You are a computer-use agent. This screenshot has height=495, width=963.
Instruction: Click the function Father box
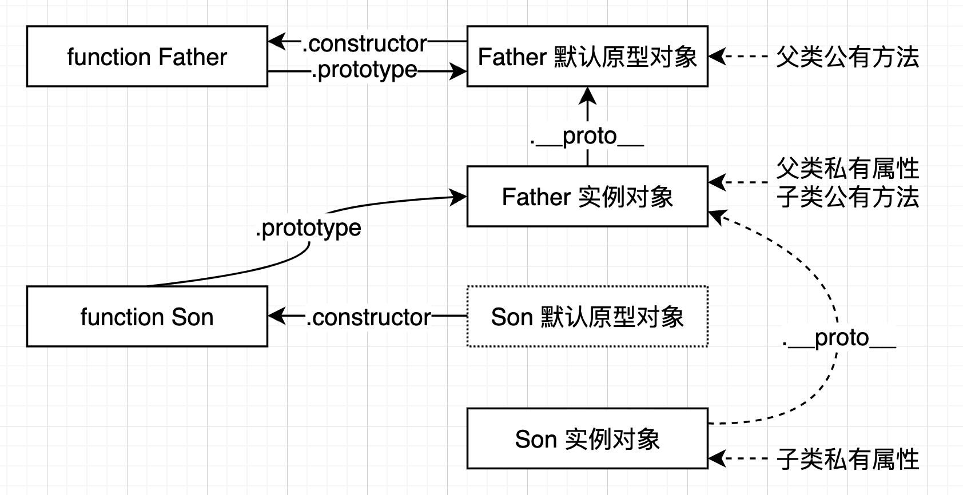point(147,57)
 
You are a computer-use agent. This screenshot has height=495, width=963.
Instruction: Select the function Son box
point(147,317)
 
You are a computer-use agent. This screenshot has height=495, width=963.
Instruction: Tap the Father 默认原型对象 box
point(587,57)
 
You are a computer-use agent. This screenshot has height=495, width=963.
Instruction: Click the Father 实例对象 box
point(587,197)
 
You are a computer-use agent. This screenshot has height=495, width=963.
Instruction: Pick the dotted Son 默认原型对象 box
point(587,317)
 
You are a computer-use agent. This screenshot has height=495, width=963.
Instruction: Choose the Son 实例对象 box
point(587,439)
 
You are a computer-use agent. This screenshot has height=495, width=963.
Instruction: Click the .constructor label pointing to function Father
point(364,43)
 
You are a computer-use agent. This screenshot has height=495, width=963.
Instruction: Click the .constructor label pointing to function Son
point(368,317)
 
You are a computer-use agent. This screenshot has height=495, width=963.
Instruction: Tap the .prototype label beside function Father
point(364,70)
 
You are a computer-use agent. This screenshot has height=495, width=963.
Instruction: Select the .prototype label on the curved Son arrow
point(308,228)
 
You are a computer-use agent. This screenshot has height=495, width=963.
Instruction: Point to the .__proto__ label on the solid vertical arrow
point(587,136)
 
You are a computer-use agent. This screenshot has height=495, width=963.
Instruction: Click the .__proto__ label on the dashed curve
point(838,338)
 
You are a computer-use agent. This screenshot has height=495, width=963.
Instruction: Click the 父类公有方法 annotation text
point(847,57)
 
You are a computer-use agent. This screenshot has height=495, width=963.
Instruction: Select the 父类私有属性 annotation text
point(847,169)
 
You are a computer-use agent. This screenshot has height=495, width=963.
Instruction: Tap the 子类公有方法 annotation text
point(847,197)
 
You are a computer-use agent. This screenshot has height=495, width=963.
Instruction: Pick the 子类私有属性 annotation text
point(847,459)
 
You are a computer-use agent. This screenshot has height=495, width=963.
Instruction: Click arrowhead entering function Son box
point(277,316)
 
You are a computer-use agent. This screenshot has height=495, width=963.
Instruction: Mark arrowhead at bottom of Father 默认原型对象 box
point(587,95)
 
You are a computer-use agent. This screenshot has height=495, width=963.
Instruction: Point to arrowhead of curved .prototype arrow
point(458,197)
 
